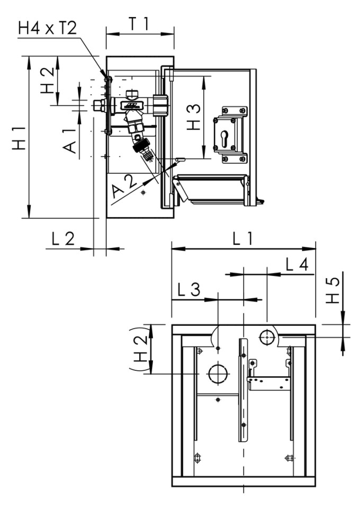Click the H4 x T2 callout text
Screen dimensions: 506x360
pos(47,28)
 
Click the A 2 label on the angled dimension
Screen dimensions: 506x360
pos(125,188)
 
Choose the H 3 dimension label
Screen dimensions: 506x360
pos(194,118)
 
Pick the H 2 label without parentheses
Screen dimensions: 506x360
pos(48,81)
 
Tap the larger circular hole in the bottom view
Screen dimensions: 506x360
pos(217,374)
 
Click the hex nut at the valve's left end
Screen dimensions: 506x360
pos(98,105)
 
